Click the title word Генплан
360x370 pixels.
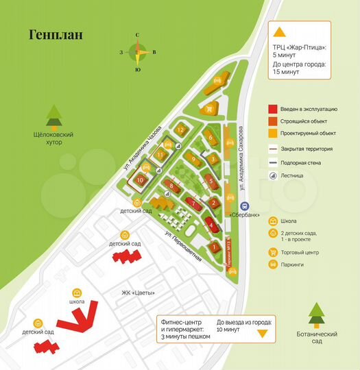[56, 34]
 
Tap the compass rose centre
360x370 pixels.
[138, 51]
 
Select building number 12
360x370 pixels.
[181, 129]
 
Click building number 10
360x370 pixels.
[140, 180]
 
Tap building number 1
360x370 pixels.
[214, 247]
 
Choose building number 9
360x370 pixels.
[194, 160]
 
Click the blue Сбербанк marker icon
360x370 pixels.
[243, 206]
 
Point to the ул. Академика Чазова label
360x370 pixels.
[143, 147]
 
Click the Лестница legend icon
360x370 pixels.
[273, 175]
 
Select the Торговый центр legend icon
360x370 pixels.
[274, 252]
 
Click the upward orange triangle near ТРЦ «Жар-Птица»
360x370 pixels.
[279, 32]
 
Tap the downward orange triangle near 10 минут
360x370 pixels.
[261, 334]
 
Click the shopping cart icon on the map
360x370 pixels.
[209, 108]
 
